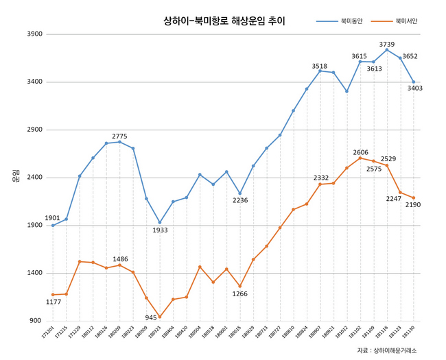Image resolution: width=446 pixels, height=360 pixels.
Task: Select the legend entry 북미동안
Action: (x=351, y=21)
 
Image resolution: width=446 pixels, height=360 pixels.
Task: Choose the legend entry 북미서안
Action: (x=406, y=21)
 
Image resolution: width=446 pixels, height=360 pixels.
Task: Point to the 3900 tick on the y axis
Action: (x=34, y=34)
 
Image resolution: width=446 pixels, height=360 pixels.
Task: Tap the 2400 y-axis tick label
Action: (x=34, y=178)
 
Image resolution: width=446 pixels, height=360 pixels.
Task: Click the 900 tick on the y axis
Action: (x=35, y=321)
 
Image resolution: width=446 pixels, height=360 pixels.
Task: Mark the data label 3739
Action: (x=387, y=44)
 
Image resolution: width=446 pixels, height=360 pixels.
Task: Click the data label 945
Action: (x=151, y=317)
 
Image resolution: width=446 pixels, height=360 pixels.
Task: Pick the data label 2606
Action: (x=361, y=152)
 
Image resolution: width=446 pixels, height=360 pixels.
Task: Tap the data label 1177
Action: (x=53, y=302)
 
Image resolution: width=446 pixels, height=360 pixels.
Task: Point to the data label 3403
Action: (x=414, y=88)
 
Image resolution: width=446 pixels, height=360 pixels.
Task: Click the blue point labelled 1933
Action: (x=160, y=222)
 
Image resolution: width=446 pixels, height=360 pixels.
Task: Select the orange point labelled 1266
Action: (x=240, y=286)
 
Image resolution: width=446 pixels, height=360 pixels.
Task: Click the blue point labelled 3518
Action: (x=320, y=71)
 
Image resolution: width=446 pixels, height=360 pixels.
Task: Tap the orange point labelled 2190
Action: (x=414, y=197)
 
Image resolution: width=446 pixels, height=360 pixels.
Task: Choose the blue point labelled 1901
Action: (x=53, y=226)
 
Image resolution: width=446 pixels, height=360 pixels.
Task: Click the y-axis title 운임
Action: (x=15, y=176)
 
